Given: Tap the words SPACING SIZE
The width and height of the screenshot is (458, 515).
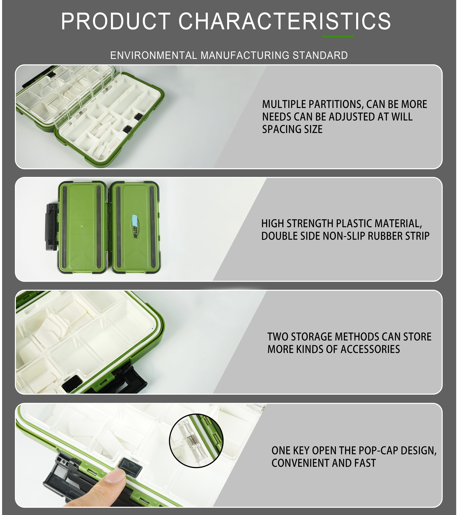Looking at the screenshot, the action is [292, 129].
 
